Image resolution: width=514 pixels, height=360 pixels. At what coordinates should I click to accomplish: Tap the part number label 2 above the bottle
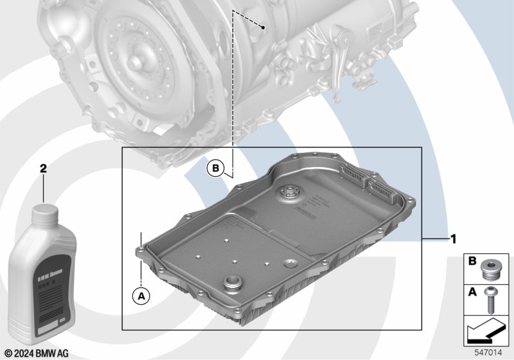click(x=44, y=168)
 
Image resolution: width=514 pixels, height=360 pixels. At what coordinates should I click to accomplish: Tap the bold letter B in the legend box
click(x=472, y=262)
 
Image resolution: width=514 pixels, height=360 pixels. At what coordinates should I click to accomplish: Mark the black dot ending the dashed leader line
click(x=264, y=28)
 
